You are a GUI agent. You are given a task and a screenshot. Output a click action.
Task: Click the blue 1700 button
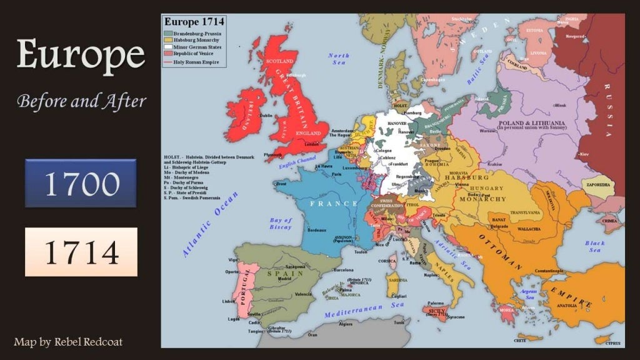[81, 183]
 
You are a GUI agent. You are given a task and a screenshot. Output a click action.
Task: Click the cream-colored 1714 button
[81, 252]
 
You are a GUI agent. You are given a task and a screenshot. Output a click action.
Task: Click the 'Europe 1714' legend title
[194, 22]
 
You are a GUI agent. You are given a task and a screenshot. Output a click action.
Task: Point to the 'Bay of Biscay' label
[281, 224]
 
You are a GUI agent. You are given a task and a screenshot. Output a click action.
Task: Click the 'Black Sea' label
[594, 246]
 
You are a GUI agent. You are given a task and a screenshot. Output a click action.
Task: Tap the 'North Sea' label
[339, 59]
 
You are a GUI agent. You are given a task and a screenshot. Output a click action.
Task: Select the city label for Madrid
[285, 279]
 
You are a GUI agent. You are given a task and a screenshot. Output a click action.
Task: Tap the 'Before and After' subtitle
[81, 100]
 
